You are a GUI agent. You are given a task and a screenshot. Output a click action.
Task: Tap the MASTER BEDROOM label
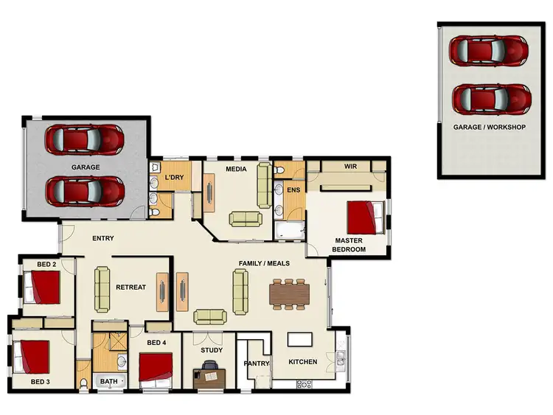coord(349,245)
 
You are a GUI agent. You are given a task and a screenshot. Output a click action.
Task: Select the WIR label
coord(350,167)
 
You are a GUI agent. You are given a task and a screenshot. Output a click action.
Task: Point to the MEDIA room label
coord(236,169)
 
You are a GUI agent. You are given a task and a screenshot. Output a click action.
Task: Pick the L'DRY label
coord(174,178)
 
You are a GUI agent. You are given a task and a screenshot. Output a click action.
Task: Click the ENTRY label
coord(102,238)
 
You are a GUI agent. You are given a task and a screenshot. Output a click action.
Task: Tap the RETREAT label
coord(131,287)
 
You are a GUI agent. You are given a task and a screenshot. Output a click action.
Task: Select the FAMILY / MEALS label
coord(264,263)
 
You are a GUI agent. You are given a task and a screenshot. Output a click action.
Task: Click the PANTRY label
coord(256,363)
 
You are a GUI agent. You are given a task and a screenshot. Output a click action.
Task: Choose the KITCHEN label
coord(302,362)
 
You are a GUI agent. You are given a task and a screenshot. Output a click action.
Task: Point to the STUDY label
coord(212,350)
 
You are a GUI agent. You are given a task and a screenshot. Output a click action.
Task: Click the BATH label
coord(109,381)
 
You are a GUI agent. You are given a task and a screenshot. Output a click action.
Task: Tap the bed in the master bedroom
coord(365,217)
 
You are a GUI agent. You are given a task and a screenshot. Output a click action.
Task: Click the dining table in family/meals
coord(288,294)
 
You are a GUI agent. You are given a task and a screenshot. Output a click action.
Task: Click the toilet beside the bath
coord(85,383)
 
